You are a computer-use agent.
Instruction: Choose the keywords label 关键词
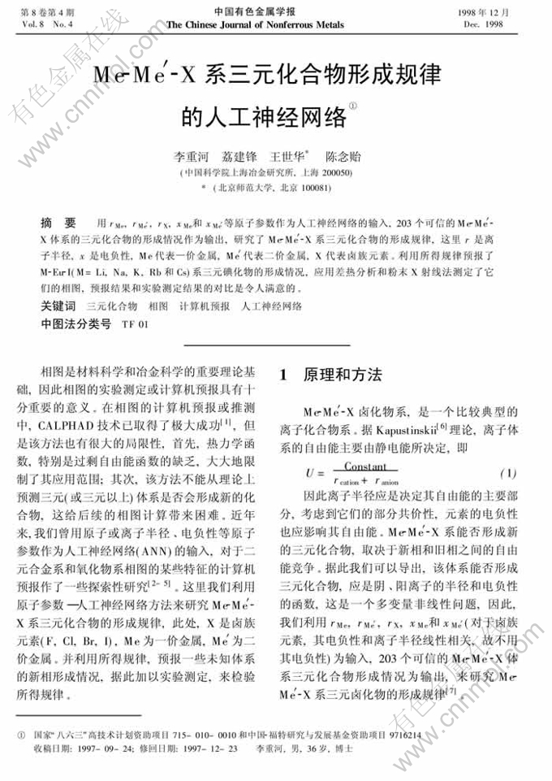coord(58,306)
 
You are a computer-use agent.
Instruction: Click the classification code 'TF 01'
coord(136,323)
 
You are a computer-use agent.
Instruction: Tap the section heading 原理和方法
coord(342,375)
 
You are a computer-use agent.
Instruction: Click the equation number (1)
coord(507,473)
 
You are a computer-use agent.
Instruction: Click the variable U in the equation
coord(309,473)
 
